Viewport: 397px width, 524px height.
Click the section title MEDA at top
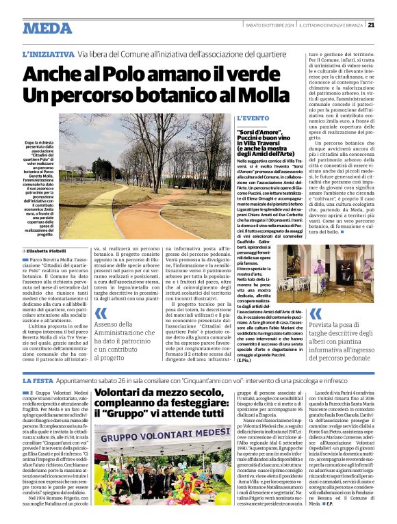47,28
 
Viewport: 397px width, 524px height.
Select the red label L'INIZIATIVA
47,53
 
